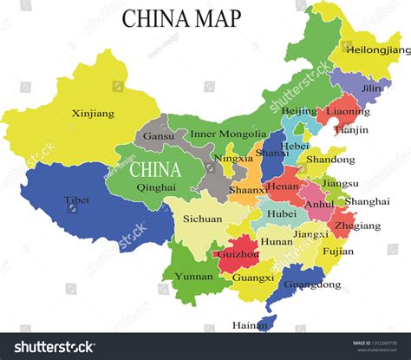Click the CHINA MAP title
181,19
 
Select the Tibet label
76,200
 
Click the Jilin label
372,88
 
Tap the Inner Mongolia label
228,134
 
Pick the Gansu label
158,136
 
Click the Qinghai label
156,187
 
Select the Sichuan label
202,219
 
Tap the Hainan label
250,326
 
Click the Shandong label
330,160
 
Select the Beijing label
299,111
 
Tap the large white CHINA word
155,168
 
